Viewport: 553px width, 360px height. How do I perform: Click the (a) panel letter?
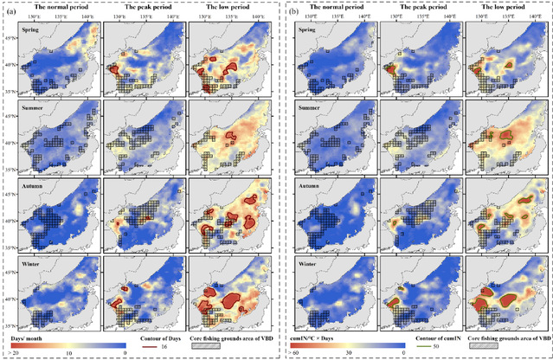pyautogui.click(x=8, y=14)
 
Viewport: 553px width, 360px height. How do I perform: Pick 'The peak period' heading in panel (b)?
pyautogui.click(x=421, y=6)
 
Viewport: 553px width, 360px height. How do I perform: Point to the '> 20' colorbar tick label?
pyautogui.click(x=15, y=353)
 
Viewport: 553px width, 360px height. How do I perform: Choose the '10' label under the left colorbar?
pyautogui.click(x=68, y=353)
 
